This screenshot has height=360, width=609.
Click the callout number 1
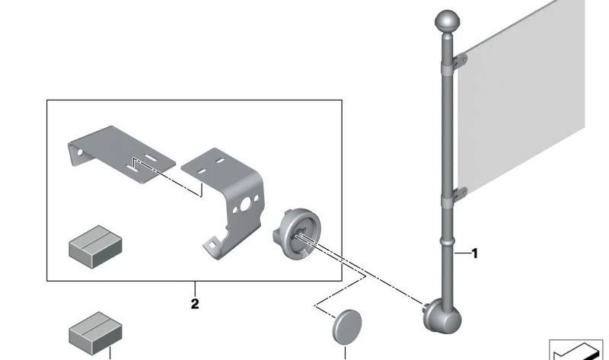[474, 253]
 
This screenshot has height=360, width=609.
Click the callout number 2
[195, 304]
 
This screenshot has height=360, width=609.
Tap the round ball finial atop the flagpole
[448, 21]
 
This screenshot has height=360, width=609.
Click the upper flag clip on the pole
[460, 62]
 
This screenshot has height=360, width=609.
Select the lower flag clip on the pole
[460, 194]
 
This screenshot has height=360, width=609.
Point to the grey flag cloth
[521, 101]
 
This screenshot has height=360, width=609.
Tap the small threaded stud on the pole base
[426, 307]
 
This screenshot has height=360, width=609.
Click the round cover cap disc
[347, 327]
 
